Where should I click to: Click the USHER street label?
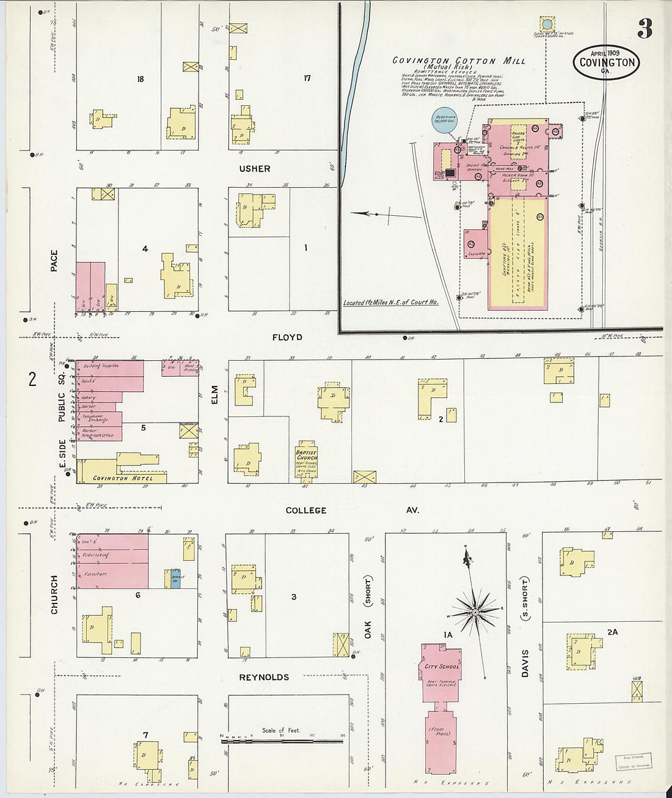[x=255, y=169]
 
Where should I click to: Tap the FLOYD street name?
[x=287, y=337]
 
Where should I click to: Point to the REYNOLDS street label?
[x=264, y=677]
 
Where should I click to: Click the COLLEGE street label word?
[x=306, y=510]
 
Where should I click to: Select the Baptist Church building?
[x=307, y=460]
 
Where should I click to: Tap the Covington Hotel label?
[x=123, y=478]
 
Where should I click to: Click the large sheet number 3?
[x=644, y=29]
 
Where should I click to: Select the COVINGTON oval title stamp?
[x=607, y=62]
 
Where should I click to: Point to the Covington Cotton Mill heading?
[x=458, y=61]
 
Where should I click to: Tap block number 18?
[x=141, y=79]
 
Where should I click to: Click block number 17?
[x=307, y=78]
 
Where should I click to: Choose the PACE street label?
[x=54, y=260]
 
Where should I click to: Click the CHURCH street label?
[x=54, y=594]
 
